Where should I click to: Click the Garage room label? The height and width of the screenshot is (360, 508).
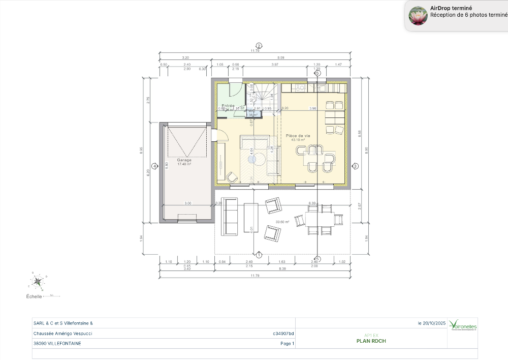tap(184, 160)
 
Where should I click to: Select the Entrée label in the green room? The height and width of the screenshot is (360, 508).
tap(228, 106)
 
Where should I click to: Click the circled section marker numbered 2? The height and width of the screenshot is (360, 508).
tap(259, 46)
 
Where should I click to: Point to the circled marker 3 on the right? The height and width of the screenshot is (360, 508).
tap(356, 166)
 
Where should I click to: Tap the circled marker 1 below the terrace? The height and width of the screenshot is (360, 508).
tap(259, 254)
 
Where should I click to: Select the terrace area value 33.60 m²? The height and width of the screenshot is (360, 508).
tap(282, 222)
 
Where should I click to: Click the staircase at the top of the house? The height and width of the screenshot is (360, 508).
tap(264, 93)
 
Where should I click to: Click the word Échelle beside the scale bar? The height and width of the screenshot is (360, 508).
tap(34, 296)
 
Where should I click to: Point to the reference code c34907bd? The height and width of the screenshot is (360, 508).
tap(283, 334)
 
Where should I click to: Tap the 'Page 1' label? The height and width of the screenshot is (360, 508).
tap(287, 344)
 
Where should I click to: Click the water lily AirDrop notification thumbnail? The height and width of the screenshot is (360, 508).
tap(418, 16)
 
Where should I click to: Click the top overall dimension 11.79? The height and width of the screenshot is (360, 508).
tap(255, 51)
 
